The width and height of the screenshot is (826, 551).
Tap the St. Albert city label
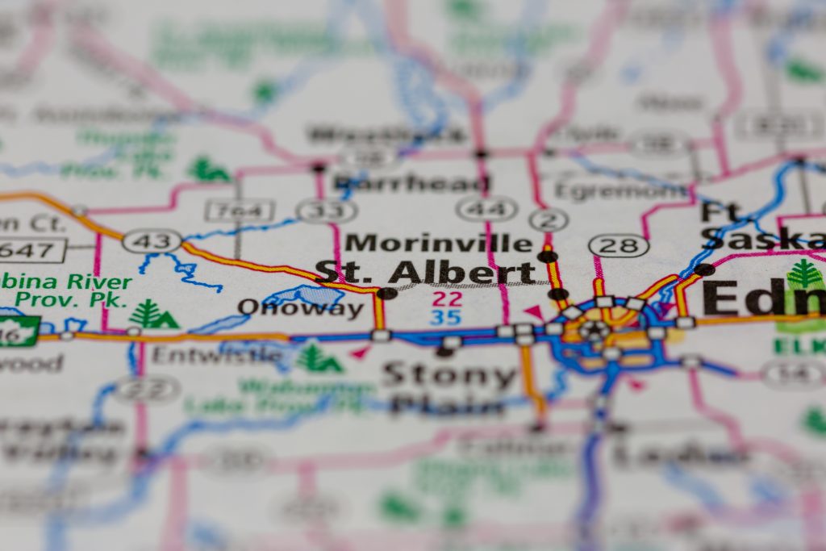[425, 272]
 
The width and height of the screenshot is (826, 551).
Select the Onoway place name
[300, 308]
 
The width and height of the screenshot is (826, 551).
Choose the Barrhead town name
[411, 182]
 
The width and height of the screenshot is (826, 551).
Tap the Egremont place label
[621, 191]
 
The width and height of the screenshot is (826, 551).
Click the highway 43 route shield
[152, 240]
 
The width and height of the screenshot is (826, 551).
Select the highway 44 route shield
[486, 209]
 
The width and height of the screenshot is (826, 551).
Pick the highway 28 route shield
[619, 245]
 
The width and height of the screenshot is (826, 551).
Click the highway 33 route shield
[327, 211]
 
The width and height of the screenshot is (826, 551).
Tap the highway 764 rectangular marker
[240, 211]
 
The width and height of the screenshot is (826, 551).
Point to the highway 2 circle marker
[549, 219]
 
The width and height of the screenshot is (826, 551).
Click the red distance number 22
[446, 298]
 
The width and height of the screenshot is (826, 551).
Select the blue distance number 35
[446, 317]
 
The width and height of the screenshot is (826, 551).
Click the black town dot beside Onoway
[387, 293]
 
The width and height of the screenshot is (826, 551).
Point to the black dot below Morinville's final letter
[548, 257]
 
